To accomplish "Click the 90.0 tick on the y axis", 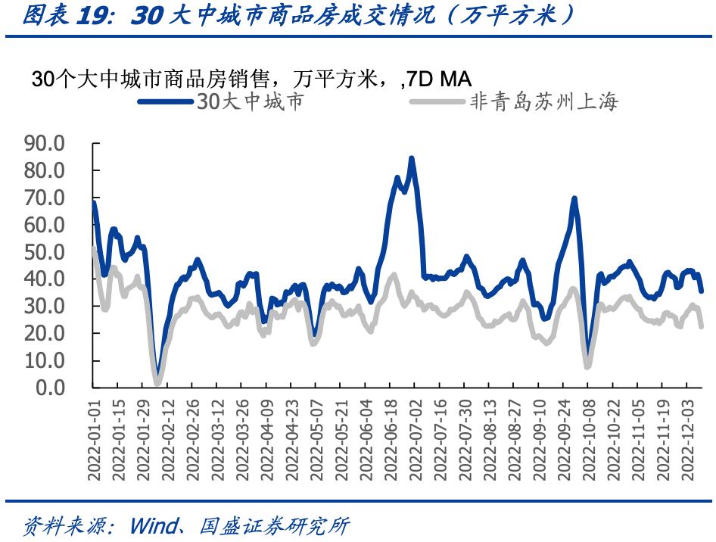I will click(x=45, y=143).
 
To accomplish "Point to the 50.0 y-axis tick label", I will click(x=45, y=252).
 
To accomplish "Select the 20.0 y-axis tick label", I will click(x=45, y=333).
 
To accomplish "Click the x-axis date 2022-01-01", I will click(x=94, y=438).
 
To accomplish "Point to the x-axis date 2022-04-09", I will click(x=266, y=438).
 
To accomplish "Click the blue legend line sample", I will click(x=166, y=101).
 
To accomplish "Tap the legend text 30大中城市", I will click(x=251, y=101).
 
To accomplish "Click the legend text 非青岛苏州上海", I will click(x=543, y=101).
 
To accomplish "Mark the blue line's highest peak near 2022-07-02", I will click(x=411, y=158).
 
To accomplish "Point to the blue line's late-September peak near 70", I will click(x=574, y=199).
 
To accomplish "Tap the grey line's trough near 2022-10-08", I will click(x=587, y=367).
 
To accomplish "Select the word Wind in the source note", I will click(x=154, y=525).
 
